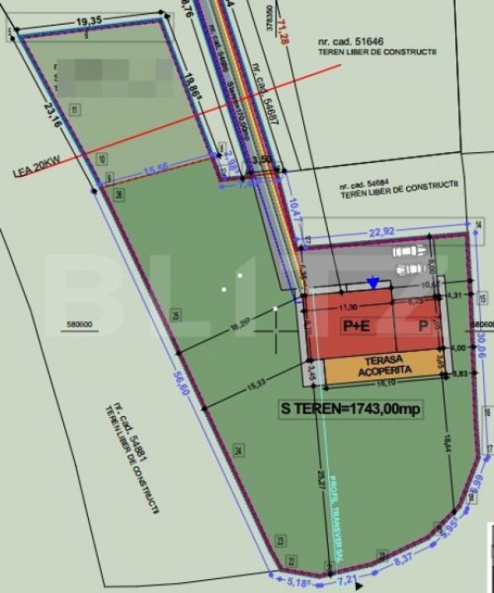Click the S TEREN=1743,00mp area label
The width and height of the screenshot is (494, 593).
click(x=350, y=409)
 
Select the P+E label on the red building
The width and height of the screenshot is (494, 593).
click(x=357, y=326)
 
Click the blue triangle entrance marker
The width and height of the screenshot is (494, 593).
click(x=374, y=283)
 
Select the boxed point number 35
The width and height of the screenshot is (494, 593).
click(x=176, y=314)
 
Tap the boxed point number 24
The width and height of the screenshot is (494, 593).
click(x=239, y=450)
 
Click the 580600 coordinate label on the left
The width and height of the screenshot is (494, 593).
click(x=80, y=325)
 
